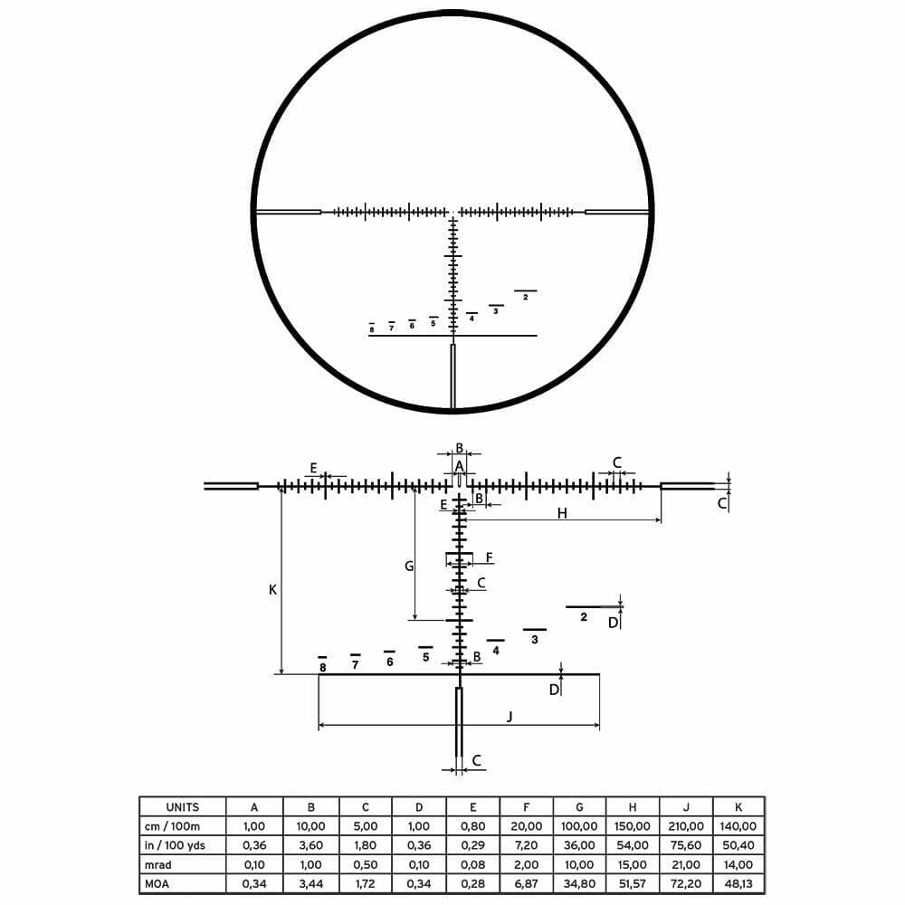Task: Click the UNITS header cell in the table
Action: [183, 806]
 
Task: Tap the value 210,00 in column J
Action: [685, 826]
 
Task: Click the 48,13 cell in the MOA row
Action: [738, 883]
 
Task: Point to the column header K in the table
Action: [738, 806]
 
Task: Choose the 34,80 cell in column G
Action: [579, 883]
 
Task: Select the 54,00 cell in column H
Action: [633, 845]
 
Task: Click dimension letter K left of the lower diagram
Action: [272, 589]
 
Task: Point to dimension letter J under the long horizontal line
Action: [510, 716]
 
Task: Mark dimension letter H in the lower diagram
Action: [562, 513]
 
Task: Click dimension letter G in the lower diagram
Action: [409, 566]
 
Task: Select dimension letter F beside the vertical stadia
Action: [489, 557]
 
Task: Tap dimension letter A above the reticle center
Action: [459, 465]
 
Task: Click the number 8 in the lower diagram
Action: [322, 667]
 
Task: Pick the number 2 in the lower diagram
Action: [584, 617]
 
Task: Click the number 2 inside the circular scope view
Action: [526, 298]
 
